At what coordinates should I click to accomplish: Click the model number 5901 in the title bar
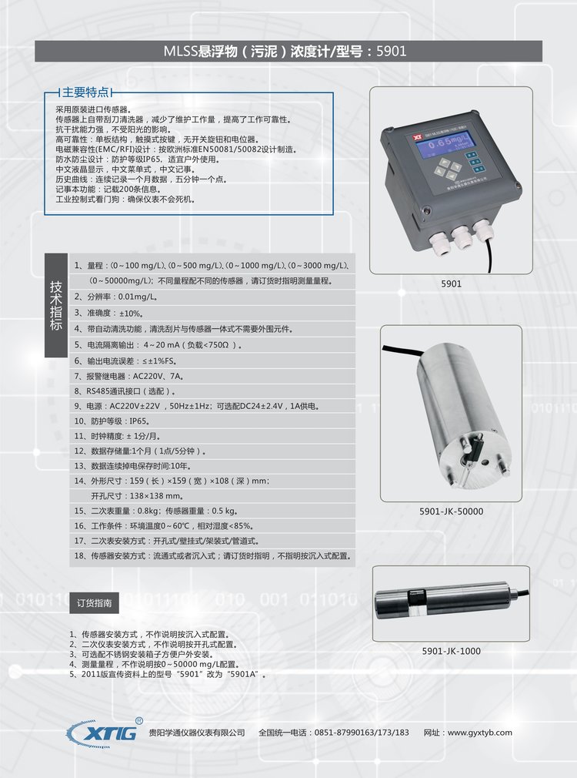pyautogui.click(x=391, y=51)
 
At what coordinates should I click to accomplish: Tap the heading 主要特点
pyautogui.click(x=85, y=92)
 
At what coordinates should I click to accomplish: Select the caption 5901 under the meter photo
pyautogui.click(x=451, y=283)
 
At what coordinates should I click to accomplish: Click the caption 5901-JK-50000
pyautogui.click(x=451, y=511)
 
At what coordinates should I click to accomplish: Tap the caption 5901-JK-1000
pyautogui.click(x=451, y=651)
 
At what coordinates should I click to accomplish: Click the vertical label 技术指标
pyautogui.click(x=56, y=305)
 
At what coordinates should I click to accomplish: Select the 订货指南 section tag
pyautogui.click(x=94, y=603)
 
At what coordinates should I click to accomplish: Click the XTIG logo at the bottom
pyautogui.click(x=103, y=733)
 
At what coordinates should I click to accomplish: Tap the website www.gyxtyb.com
pyautogui.click(x=480, y=733)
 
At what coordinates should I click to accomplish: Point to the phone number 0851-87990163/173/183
pyautogui.click(x=362, y=733)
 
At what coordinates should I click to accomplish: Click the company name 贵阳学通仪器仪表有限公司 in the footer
pyautogui.click(x=197, y=733)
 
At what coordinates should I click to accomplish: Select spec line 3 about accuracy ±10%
pyautogui.click(x=108, y=313)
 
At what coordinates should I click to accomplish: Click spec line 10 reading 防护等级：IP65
pyautogui.click(x=112, y=421)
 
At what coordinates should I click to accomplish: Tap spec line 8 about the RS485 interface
pyautogui.click(x=125, y=391)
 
